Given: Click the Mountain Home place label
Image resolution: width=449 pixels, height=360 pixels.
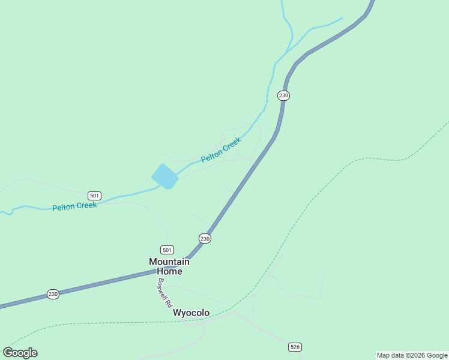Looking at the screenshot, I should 169,266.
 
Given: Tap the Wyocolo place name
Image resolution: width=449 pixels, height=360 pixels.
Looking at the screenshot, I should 191,313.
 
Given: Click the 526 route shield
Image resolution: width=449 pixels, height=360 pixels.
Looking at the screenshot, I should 295,347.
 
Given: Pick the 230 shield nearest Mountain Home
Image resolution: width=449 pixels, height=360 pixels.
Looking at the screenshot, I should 205,239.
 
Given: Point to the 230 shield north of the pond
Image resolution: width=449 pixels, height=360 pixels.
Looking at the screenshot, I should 283,95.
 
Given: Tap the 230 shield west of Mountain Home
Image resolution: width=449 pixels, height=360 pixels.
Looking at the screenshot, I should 53,294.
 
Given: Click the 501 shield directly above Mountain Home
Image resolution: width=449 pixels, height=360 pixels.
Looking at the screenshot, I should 167,250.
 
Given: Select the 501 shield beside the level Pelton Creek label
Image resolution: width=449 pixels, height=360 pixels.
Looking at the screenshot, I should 94,196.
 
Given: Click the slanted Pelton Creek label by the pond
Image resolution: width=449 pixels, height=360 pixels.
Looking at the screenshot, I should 221,149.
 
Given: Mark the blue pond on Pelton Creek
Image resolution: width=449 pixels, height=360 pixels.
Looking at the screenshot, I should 165,176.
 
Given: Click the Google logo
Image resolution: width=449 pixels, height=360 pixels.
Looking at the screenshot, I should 20,353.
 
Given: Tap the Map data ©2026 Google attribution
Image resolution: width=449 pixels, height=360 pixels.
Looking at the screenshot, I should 412,355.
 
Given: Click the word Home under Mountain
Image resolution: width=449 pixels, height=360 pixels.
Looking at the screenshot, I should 169,271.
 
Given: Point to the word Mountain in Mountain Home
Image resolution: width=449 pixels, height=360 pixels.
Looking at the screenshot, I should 169,262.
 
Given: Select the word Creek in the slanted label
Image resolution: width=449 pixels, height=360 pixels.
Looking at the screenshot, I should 231,144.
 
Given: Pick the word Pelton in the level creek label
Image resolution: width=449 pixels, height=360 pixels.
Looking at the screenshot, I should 64,208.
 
